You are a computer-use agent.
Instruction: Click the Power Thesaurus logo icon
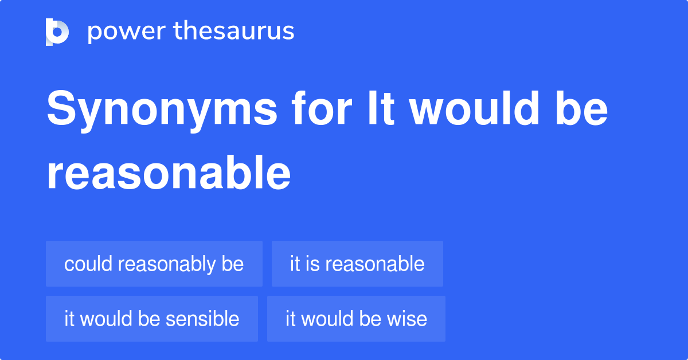click(57, 32)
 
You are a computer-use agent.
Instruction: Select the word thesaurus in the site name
click(234, 31)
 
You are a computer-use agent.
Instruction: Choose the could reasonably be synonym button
click(154, 264)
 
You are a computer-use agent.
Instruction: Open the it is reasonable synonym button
click(357, 264)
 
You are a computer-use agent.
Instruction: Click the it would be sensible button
click(151, 319)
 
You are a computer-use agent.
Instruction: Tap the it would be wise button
click(356, 319)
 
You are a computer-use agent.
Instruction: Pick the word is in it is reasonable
click(314, 264)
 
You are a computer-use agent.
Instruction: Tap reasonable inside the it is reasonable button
click(375, 264)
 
